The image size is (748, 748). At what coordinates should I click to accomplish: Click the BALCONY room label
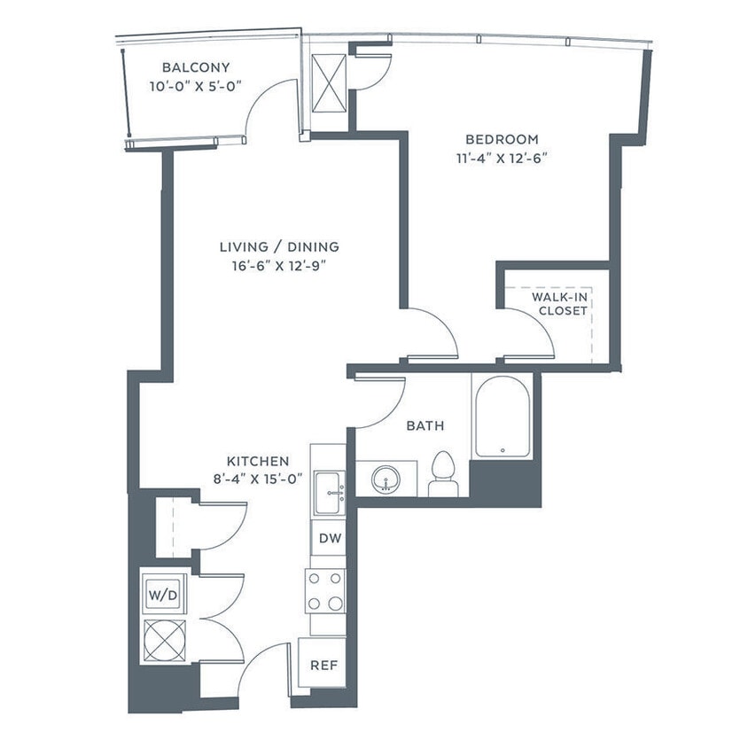click(x=196, y=67)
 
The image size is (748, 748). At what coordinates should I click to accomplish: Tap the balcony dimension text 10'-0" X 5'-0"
click(x=196, y=87)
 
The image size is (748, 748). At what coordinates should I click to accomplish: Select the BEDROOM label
click(x=502, y=139)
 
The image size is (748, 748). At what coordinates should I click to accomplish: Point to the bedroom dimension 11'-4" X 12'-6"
click(x=502, y=160)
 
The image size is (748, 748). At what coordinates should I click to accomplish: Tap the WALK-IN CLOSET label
click(x=559, y=304)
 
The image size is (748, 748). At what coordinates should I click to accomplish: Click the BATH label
click(x=425, y=426)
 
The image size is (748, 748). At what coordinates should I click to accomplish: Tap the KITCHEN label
click(x=258, y=461)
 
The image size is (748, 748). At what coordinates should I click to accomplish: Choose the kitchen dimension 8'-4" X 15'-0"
click(x=258, y=479)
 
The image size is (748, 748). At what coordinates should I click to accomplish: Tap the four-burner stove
click(x=325, y=589)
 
